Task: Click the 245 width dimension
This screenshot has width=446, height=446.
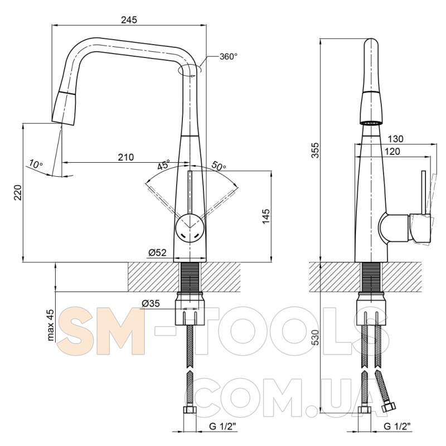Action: click(129, 20)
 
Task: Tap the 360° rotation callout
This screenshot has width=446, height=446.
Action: click(228, 56)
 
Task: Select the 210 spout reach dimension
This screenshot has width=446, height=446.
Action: click(126, 157)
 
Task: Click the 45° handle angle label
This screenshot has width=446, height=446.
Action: click(164, 164)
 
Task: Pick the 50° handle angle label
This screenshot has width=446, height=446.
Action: click(219, 165)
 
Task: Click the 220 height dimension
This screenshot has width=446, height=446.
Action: click(18, 192)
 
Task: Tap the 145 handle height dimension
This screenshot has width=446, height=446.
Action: click(266, 216)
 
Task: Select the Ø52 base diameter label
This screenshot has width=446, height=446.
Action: click(157, 253)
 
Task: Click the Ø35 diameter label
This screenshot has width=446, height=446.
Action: click(151, 303)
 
